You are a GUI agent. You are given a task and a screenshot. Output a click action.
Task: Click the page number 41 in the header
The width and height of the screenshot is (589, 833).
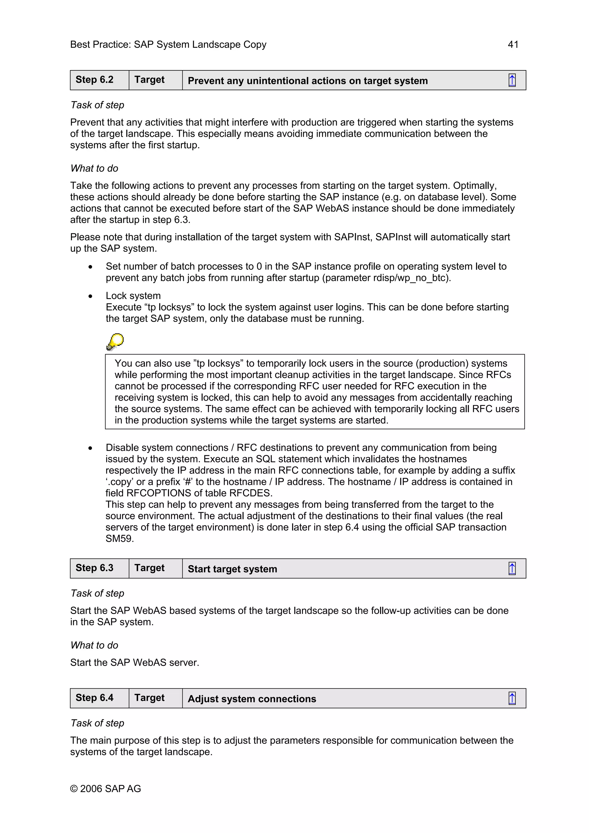(513, 45)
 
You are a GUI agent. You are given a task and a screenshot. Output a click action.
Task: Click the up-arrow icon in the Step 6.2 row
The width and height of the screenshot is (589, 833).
(512, 80)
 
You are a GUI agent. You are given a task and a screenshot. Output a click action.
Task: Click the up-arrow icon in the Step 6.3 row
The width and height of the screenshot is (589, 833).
(512, 569)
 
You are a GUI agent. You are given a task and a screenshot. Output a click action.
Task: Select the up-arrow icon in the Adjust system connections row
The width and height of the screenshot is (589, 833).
(512, 698)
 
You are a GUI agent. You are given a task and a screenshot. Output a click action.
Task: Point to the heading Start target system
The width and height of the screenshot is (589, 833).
(232, 569)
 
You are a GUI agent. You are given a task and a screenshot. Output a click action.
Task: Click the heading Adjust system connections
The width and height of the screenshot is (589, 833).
(252, 699)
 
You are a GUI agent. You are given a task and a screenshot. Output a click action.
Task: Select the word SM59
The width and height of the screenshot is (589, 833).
(119, 539)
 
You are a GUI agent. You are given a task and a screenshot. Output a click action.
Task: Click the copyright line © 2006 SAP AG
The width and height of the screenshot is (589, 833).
(105, 789)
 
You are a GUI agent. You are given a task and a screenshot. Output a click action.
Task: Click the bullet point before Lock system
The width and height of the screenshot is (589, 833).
(90, 296)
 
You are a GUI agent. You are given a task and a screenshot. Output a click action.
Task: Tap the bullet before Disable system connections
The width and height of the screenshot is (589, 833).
(90, 448)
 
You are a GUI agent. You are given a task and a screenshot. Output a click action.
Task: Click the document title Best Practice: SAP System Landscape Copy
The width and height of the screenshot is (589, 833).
(168, 45)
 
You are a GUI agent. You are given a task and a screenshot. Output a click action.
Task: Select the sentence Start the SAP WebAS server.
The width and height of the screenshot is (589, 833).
(134, 663)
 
